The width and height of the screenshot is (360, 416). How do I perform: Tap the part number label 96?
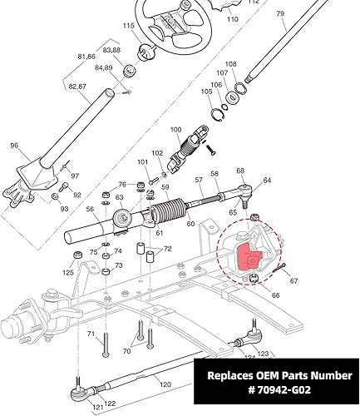[14, 146]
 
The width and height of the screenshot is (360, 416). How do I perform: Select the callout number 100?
[175, 130]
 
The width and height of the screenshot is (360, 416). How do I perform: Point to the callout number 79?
[279, 13]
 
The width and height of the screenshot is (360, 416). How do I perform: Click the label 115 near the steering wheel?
[128, 27]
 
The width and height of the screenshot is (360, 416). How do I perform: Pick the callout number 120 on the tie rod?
[165, 385]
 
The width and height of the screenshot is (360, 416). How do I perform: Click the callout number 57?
[199, 181]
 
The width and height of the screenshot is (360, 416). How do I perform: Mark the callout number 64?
[267, 181]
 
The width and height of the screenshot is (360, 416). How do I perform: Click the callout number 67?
[293, 281]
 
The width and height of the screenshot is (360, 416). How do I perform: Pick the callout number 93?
[64, 209]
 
